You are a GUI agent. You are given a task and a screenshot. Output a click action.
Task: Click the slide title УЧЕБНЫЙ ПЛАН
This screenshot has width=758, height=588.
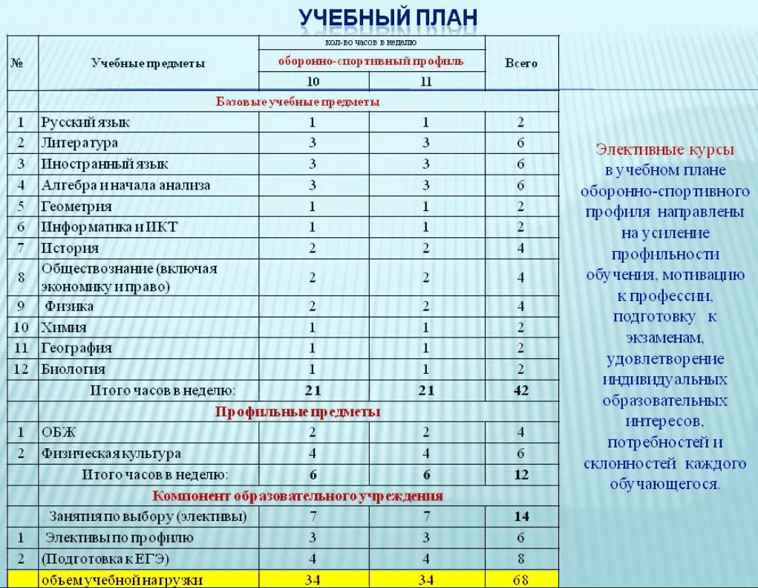click(388, 17)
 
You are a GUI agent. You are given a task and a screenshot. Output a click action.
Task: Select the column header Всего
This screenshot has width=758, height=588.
click(521, 63)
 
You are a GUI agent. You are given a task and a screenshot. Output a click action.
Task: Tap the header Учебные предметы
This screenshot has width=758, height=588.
click(148, 63)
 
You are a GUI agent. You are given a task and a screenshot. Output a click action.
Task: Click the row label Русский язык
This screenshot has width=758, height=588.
click(86, 122)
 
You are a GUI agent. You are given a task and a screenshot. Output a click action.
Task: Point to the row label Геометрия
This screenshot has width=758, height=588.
click(77, 206)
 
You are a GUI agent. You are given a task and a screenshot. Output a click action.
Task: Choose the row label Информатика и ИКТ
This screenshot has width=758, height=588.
click(110, 227)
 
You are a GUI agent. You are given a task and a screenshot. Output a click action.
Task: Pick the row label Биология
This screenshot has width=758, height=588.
click(73, 369)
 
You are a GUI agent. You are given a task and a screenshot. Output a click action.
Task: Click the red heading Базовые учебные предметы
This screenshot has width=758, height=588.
click(297, 101)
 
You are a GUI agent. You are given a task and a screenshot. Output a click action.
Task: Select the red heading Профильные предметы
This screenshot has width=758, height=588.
click(298, 411)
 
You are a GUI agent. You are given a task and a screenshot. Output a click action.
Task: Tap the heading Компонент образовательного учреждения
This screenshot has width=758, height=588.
click(298, 496)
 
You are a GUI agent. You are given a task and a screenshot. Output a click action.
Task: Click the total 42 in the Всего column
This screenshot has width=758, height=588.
click(521, 390)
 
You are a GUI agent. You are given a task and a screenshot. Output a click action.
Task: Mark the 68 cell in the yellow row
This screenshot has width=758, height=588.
click(521, 579)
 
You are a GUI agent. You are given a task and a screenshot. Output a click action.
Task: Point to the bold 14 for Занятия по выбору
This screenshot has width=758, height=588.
click(521, 516)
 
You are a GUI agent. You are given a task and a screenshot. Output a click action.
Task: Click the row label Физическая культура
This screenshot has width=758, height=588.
click(111, 453)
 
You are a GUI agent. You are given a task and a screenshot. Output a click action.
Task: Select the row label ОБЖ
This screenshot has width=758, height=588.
click(59, 432)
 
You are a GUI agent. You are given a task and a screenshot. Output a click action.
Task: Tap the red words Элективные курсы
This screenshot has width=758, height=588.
click(664, 150)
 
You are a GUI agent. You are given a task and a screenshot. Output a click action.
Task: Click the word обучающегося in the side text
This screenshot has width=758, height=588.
click(664, 485)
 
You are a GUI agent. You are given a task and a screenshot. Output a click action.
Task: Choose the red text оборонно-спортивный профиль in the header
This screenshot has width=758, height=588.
click(370, 61)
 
